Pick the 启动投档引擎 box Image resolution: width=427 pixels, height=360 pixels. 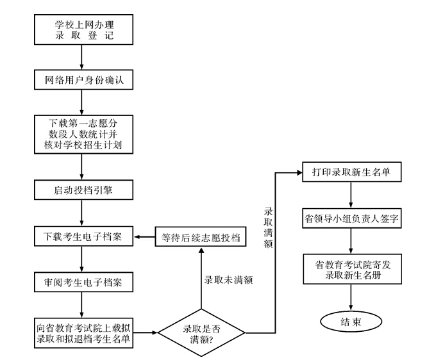tap(84, 190)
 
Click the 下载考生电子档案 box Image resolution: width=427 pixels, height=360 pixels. tap(84, 236)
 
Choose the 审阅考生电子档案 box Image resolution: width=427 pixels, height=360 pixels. tap(84, 282)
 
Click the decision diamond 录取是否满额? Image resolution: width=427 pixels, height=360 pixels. tap(202, 334)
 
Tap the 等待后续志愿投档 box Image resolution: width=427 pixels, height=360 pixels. tap(200, 236)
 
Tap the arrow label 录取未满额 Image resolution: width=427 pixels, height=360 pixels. tap(230, 280)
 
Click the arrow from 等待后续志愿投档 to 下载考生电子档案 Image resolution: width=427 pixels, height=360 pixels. tap(144, 236)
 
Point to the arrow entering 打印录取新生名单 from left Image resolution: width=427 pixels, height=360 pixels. tap(292, 172)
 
